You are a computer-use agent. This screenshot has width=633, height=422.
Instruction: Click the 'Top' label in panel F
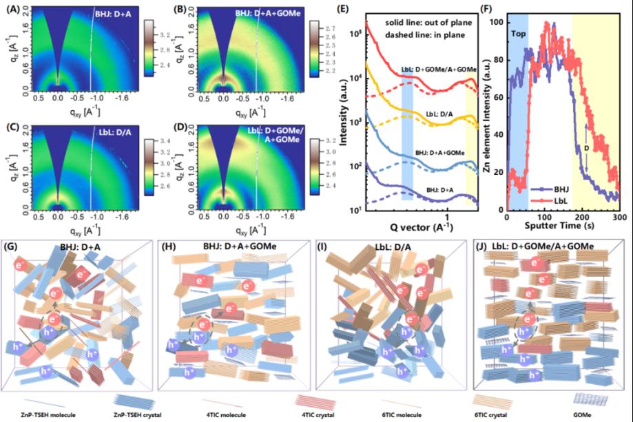coord(517,32)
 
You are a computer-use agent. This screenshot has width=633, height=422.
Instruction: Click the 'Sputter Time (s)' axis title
coord(562,224)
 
